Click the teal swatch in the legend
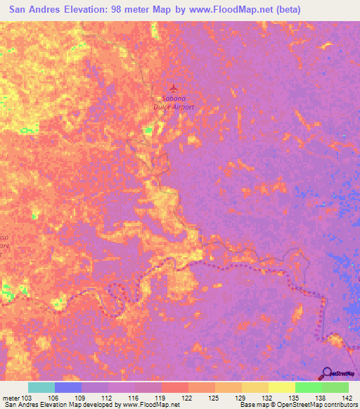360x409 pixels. pyautogui.click(x=41, y=387)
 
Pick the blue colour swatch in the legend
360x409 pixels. pyautogui.click(x=68, y=387)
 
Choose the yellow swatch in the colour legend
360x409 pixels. pyautogui.click(x=255, y=387)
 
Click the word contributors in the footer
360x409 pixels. pyautogui.click(x=341, y=405)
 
